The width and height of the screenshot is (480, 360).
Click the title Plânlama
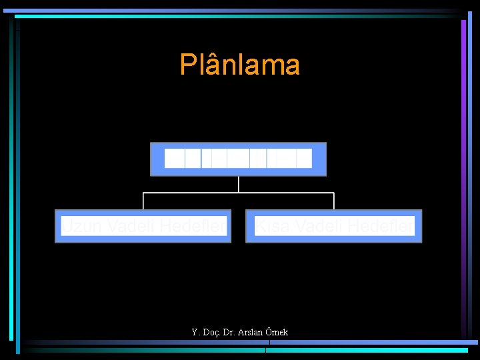coord(239,65)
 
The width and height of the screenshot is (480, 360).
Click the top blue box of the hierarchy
coord(238,159)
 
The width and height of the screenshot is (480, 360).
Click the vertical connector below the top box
coord(238,184)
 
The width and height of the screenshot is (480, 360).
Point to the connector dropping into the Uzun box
coord(143,201)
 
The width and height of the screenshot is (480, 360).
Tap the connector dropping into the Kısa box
coord(333,201)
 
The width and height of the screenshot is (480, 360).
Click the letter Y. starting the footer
coord(195,332)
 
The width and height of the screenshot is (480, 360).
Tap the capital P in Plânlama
coord(187,65)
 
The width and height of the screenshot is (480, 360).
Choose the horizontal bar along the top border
coord(233,11)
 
